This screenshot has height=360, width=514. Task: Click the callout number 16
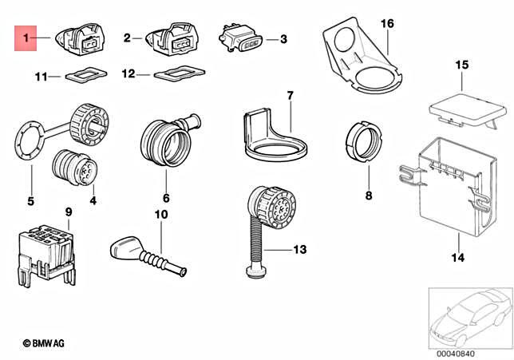tap(386, 25)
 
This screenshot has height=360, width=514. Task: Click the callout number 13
tap(299, 250)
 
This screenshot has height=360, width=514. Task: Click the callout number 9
tap(68, 212)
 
